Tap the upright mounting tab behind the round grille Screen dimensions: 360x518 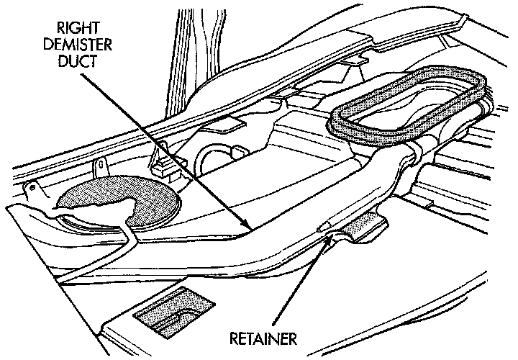point(101,167)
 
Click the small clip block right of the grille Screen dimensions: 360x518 point(165,162)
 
